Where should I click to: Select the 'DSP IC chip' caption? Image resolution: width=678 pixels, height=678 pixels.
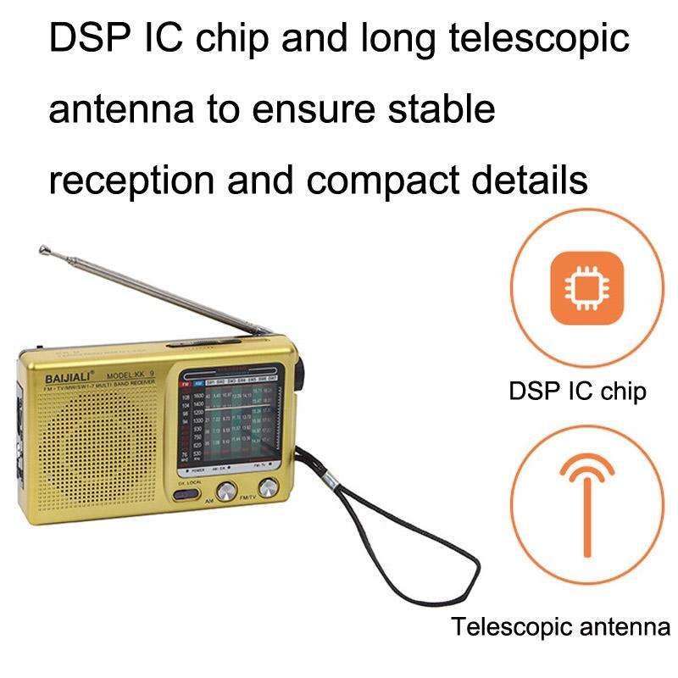click(x=577, y=392)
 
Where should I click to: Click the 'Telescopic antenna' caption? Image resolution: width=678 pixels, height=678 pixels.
click(x=560, y=628)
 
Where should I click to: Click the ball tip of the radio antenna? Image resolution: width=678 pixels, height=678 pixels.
click(x=42, y=249)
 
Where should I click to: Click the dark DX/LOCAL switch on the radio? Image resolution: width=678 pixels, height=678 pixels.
click(x=189, y=495)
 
